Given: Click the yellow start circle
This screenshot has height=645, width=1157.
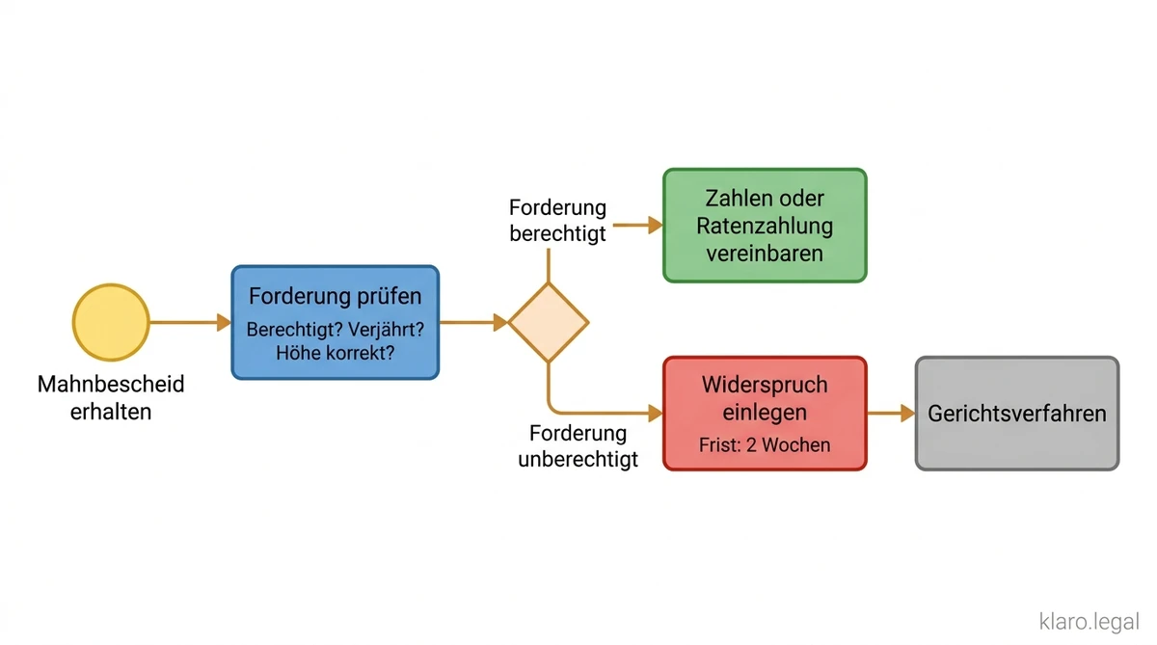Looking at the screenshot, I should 111,322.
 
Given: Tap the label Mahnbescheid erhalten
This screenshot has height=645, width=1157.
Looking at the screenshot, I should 111,398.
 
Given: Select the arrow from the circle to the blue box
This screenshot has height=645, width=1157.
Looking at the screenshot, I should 189,322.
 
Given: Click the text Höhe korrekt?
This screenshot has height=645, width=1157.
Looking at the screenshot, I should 335,353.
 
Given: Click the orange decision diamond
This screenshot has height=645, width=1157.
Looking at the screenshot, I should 548,322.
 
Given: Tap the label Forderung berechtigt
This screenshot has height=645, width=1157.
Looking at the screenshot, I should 557,221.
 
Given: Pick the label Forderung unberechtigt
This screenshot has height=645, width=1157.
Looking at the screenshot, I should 578,445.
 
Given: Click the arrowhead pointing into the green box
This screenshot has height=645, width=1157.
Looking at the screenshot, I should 656,225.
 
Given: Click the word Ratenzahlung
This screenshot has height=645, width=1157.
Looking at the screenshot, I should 765,227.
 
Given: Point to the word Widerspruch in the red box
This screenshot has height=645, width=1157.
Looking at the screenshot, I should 765,385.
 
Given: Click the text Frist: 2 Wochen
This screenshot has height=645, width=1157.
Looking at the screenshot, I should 765,445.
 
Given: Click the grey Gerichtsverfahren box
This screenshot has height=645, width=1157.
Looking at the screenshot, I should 1017,414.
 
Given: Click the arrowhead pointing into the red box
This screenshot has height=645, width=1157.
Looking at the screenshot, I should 656,413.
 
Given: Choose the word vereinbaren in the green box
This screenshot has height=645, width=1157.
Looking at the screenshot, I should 765,254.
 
